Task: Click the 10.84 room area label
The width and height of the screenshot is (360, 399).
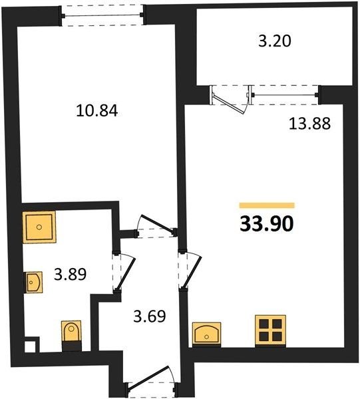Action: pyautogui.click(x=97, y=111)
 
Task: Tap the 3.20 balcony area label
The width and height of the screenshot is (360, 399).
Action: pyautogui.click(x=274, y=41)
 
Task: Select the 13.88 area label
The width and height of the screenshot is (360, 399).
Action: pyautogui.click(x=309, y=124)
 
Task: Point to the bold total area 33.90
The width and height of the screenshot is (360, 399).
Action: pyautogui.click(x=267, y=225)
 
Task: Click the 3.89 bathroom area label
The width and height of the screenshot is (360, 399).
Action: pyautogui.click(x=71, y=274)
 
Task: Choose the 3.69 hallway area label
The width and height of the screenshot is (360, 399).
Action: pyautogui.click(x=150, y=316)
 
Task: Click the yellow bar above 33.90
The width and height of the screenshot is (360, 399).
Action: pyautogui.click(x=267, y=205)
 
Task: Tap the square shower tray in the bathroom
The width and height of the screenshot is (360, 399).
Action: pyautogui.click(x=39, y=227)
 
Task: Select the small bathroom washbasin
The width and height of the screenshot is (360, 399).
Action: pyautogui.click(x=33, y=282)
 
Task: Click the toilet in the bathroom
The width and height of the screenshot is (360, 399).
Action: pyautogui.click(x=71, y=336)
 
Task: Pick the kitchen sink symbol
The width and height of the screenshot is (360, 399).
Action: pyautogui.click(x=206, y=334)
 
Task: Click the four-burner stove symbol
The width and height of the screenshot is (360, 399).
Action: pyautogui.click(x=270, y=331)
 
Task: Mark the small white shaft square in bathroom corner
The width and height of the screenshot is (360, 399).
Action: pyautogui.click(x=31, y=346)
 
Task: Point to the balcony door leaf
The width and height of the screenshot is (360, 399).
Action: pyautogui.click(x=228, y=104)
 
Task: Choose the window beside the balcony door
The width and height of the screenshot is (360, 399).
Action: pyautogui.click(x=285, y=95)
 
